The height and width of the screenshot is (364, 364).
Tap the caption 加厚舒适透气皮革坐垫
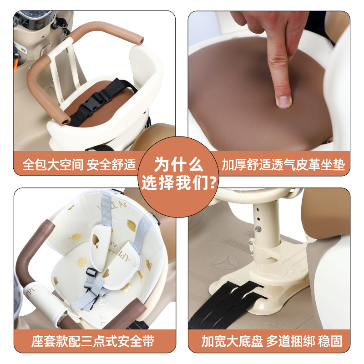pyautogui.click(x=283, y=164)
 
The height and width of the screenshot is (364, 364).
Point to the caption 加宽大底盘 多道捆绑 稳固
pyautogui.click(x=272, y=340)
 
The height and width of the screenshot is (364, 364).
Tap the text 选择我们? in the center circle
pyautogui.click(x=179, y=182)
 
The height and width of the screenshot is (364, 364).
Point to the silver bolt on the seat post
pyautogui.click(x=258, y=228)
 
